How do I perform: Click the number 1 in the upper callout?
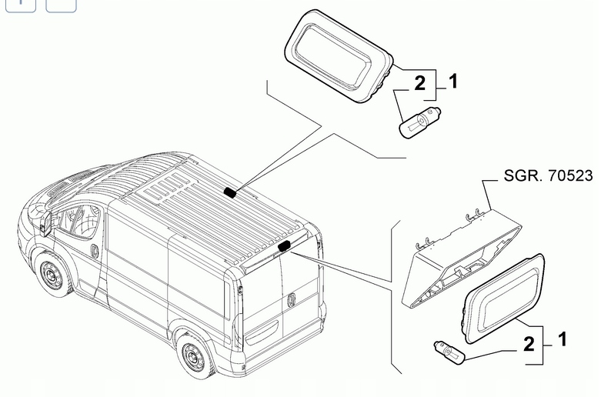click(x=452, y=81)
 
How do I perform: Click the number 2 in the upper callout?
click(x=419, y=84)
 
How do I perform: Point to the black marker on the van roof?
click(x=230, y=192)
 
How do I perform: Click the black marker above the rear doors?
click(x=285, y=245)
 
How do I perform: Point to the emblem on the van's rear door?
click(x=293, y=300)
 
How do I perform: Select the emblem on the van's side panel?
click(x=93, y=251)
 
